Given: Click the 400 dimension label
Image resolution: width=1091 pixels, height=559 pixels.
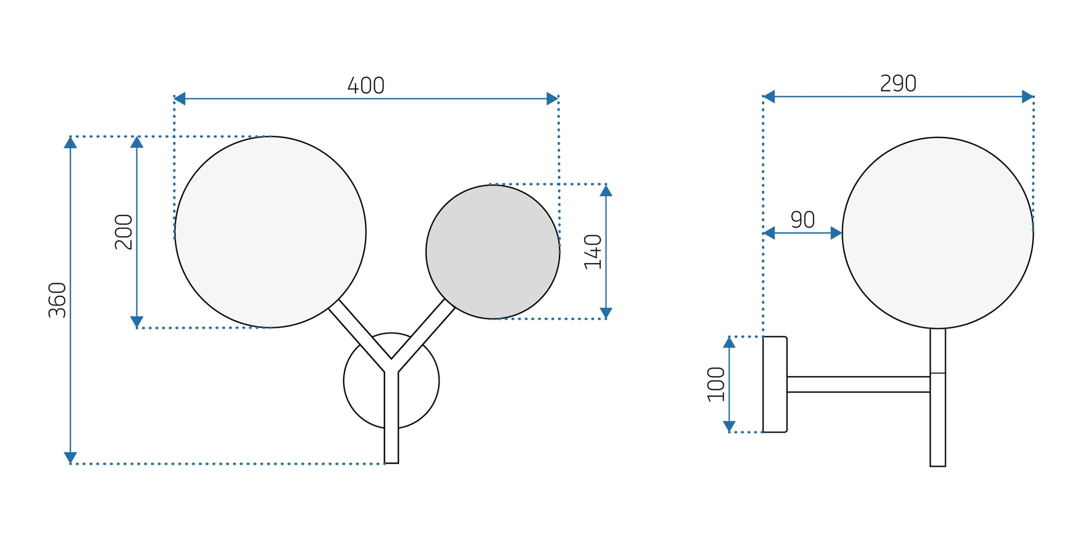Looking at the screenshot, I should click(366, 86).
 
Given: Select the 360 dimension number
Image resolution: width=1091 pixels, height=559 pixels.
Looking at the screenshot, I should click(57, 300).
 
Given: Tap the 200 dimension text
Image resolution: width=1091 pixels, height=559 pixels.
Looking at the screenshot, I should click(124, 232).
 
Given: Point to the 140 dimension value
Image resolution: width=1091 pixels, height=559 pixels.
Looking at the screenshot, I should click(593, 252).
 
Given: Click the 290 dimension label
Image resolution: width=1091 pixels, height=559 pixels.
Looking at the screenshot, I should click(898, 84).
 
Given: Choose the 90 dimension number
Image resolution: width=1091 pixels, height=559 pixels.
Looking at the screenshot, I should click(802, 219).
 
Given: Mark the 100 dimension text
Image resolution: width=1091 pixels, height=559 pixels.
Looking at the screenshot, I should click(716, 384).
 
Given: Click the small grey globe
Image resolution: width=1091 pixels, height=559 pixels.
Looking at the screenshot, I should click(493, 251).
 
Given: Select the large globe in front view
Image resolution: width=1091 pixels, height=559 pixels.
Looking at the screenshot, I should click(270, 232).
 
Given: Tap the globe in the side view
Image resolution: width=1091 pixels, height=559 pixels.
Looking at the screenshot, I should click(937, 232).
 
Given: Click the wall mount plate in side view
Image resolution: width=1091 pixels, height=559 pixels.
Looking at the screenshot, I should click(775, 384).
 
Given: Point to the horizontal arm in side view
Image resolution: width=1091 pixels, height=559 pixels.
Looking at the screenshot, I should click(858, 384).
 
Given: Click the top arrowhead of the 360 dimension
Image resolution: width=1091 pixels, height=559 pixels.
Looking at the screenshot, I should click(70, 143).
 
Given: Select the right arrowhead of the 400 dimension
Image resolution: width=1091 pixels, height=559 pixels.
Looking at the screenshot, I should click(552, 99).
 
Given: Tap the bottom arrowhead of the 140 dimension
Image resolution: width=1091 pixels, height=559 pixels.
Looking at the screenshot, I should click(605, 313).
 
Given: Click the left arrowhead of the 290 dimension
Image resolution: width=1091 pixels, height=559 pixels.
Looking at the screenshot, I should click(769, 97).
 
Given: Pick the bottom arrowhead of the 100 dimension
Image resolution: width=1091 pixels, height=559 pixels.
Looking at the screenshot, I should click(729, 426).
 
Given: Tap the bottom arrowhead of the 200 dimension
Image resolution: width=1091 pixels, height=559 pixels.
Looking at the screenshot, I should click(137, 322).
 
